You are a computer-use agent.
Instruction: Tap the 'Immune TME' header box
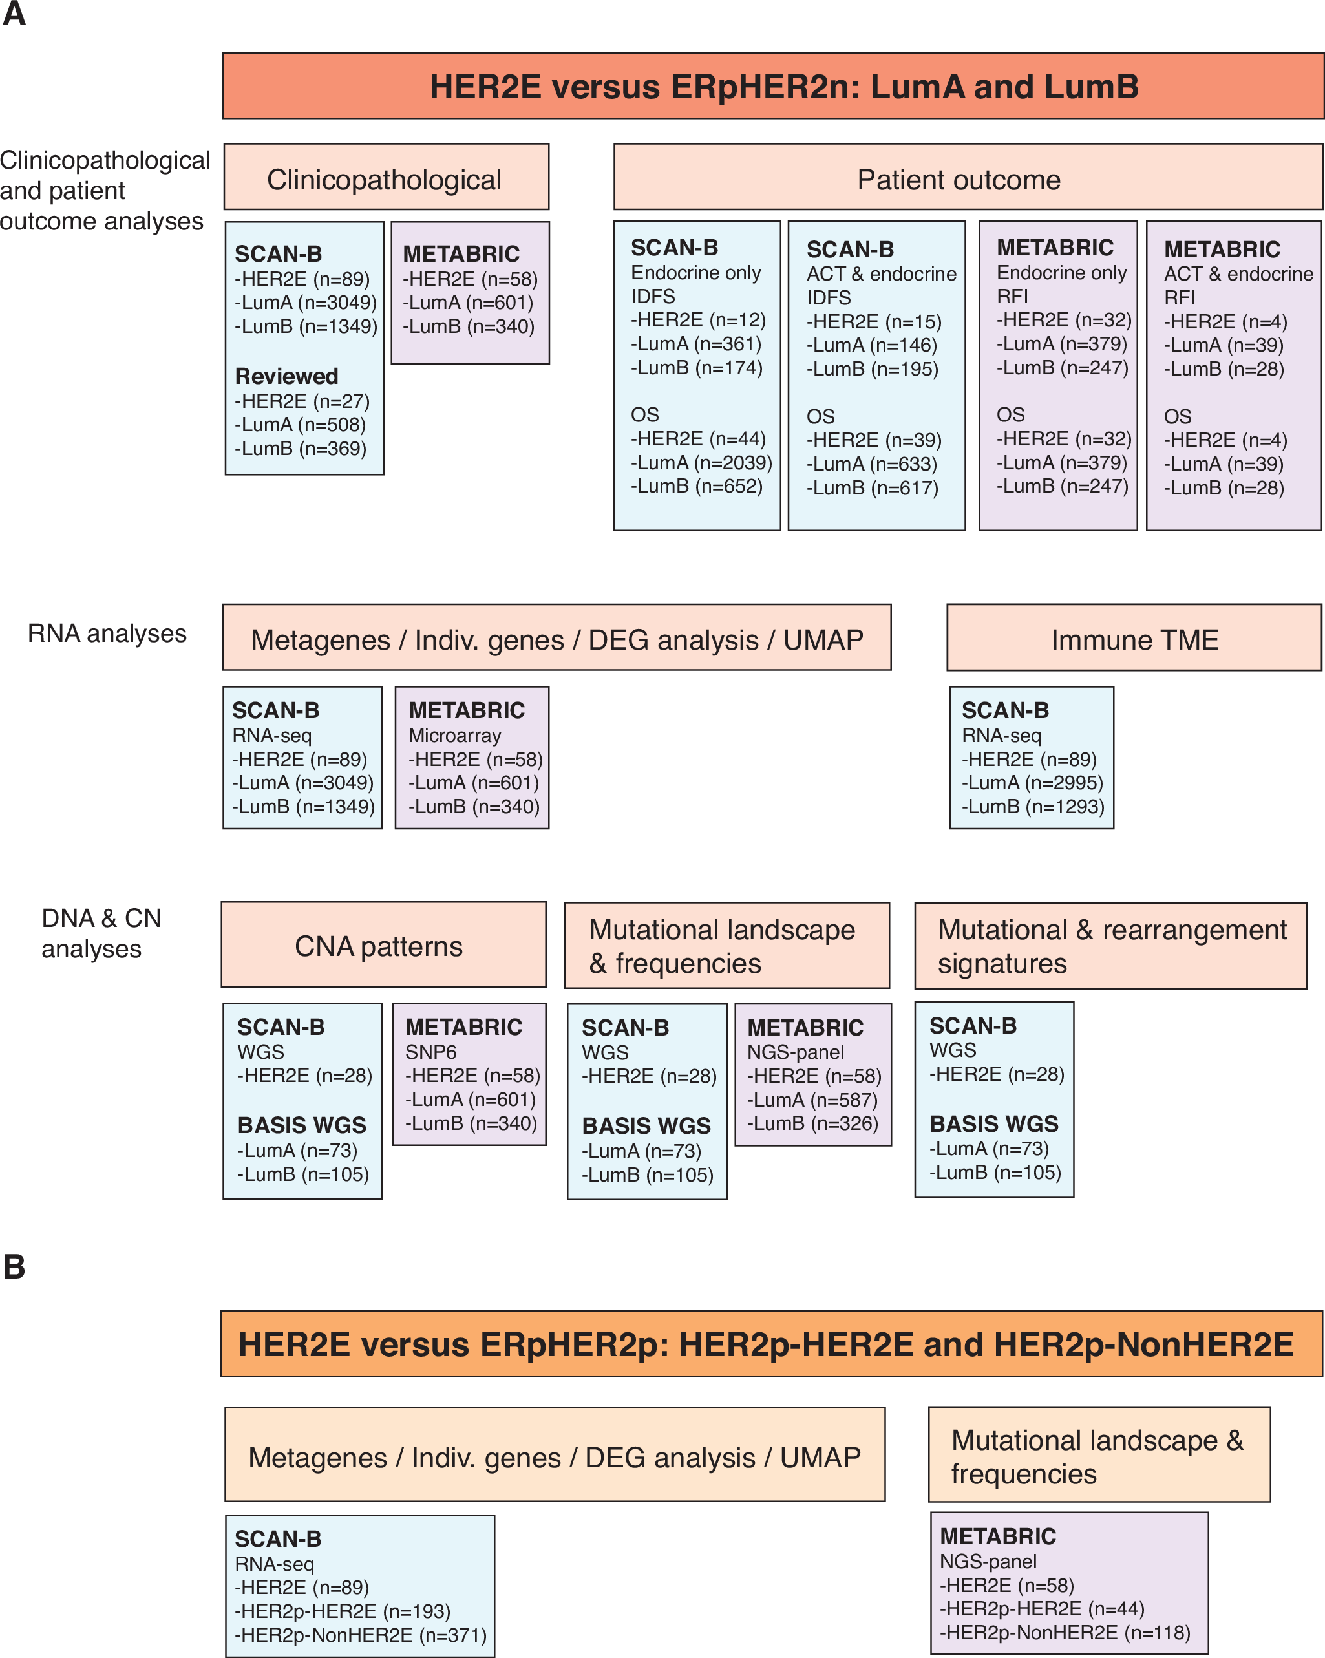pyautogui.click(x=1134, y=637)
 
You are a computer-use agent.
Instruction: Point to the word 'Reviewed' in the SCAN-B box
pyautogui.click(x=286, y=376)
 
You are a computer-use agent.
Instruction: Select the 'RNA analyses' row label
pyautogui.click(x=107, y=633)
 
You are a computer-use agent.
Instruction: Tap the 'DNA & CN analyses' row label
pyautogui.click(x=101, y=933)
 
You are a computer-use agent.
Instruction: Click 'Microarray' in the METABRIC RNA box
pyautogui.click(x=454, y=735)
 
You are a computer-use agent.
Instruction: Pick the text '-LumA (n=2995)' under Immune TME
pyautogui.click(x=1032, y=782)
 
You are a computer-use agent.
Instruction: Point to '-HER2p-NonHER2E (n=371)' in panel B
pyautogui.click(x=361, y=1634)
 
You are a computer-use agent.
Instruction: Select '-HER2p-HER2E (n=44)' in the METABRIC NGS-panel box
pyautogui.click(x=1042, y=1608)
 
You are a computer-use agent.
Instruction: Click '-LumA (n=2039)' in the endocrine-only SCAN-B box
pyautogui.click(x=701, y=462)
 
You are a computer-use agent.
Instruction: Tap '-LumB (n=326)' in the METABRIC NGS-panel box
pyautogui.click(x=813, y=1123)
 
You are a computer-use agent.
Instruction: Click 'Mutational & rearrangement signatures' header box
pyautogui.click(x=1110, y=945)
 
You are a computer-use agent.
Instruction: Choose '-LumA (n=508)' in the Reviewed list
pyautogui.click(x=300, y=425)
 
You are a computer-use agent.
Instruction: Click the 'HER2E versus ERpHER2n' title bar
pyautogui.click(x=772, y=86)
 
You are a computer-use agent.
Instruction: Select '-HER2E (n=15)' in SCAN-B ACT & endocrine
pyautogui.click(x=874, y=321)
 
